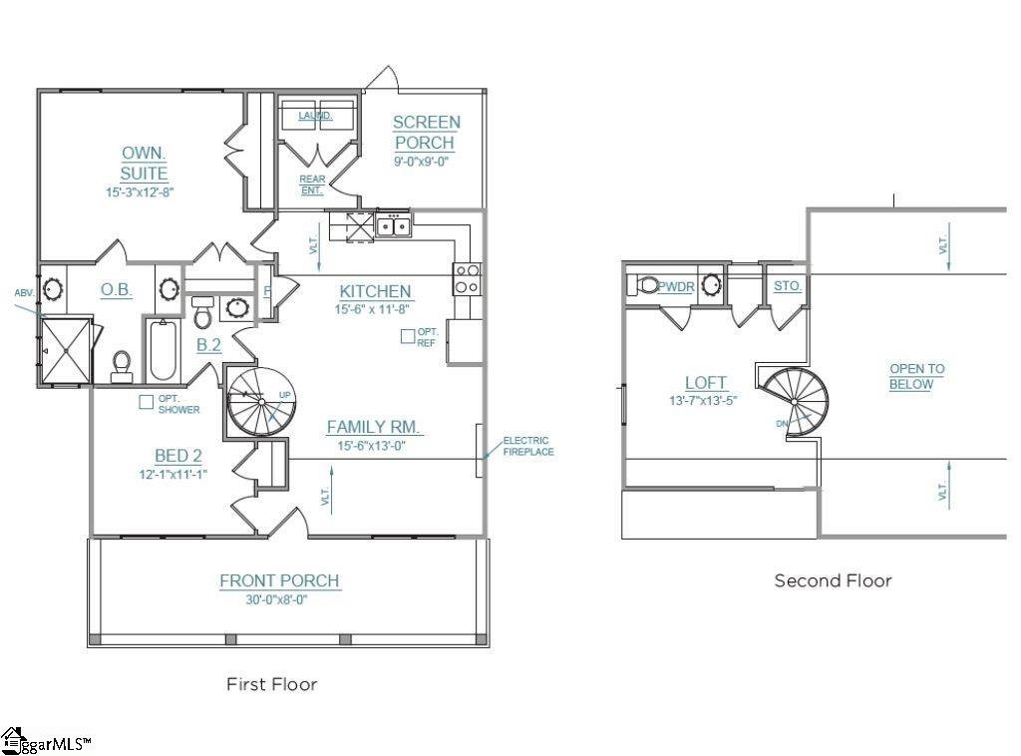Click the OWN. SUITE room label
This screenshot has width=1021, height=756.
(x=144, y=164)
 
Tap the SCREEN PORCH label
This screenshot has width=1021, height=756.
(x=426, y=133)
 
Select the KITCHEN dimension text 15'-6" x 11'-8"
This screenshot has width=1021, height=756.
(x=372, y=310)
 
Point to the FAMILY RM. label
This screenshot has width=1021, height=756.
(x=375, y=427)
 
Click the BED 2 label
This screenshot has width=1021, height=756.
(x=178, y=456)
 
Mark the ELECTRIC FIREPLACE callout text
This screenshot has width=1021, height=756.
(x=526, y=446)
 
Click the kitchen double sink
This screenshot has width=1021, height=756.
(x=393, y=226)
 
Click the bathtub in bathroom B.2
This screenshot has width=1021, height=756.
(x=164, y=350)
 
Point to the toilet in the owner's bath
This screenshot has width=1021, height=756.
(x=123, y=365)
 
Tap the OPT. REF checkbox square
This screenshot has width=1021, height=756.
(x=407, y=336)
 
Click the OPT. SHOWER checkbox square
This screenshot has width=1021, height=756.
(x=147, y=402)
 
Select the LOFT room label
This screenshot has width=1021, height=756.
(x=706, y=382)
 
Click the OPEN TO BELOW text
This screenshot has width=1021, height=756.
(x=916, y=376)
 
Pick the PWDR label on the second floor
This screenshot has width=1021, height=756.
(x=676, y=286)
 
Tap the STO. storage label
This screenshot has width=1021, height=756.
(x=788, y=286)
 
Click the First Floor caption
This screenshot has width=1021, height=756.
(x=271, y=684)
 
